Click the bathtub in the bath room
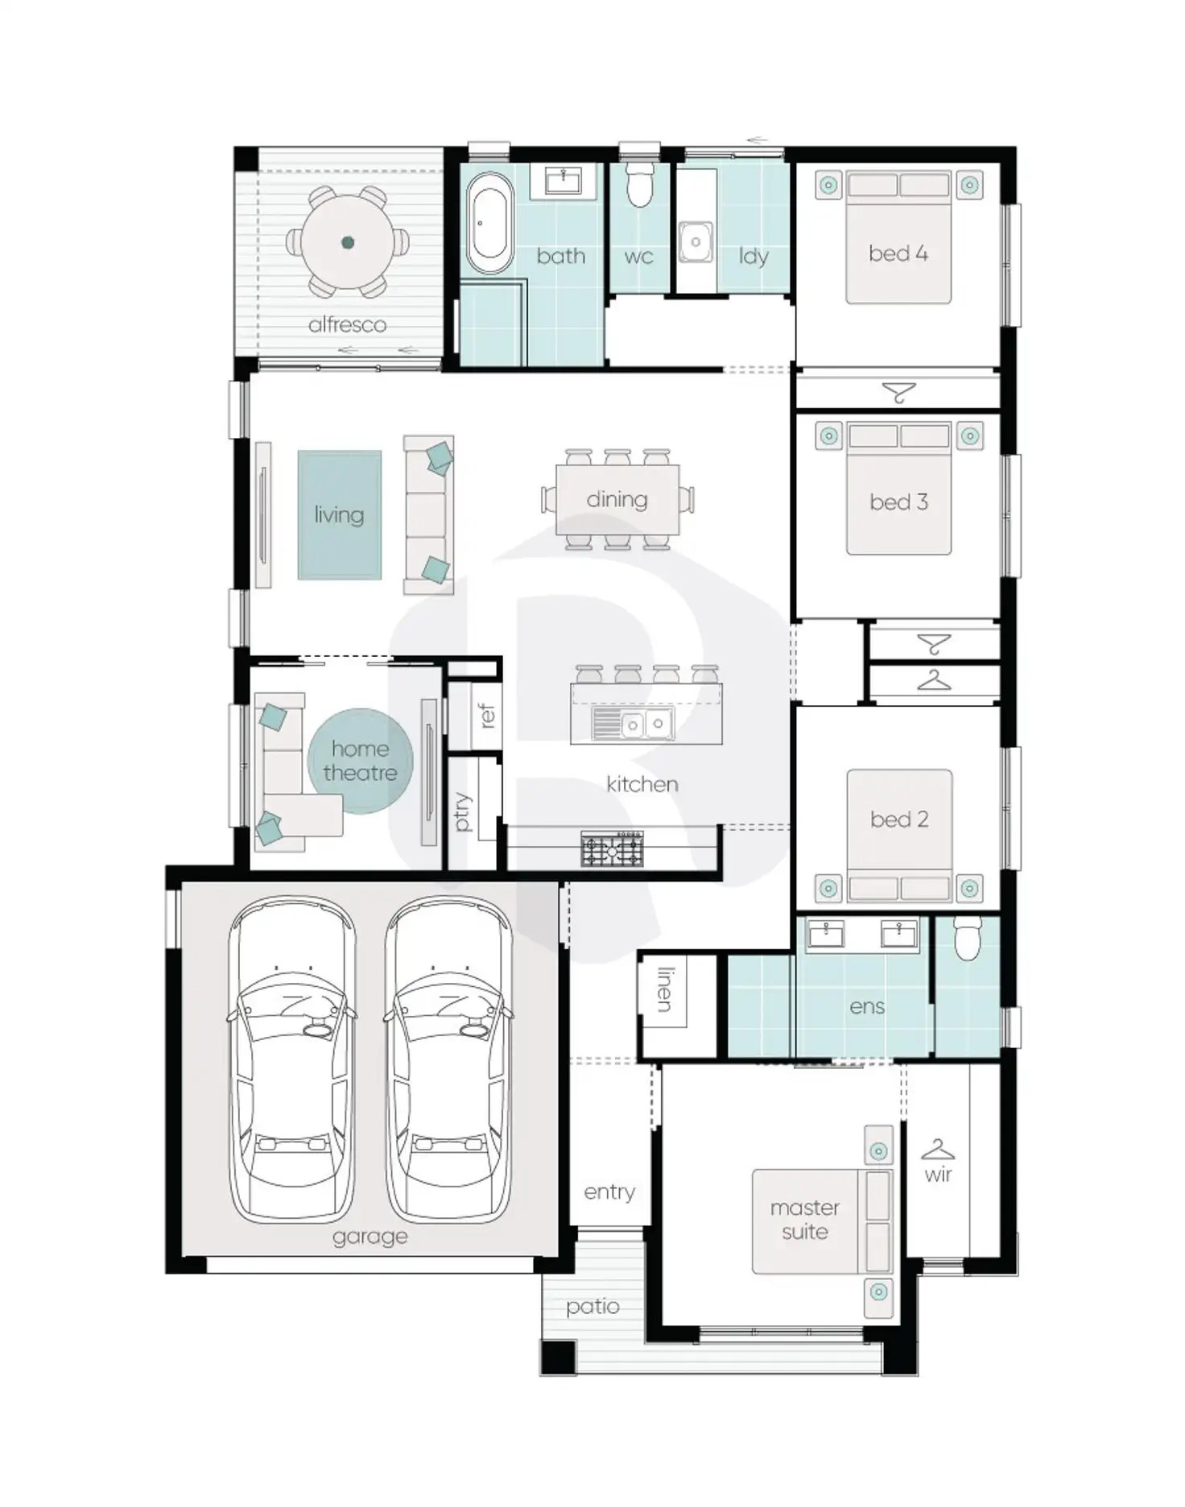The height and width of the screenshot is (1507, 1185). click(489, 223)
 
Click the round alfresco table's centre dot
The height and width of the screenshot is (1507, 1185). click(348, 242)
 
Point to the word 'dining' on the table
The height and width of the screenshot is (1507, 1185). click(617, 500)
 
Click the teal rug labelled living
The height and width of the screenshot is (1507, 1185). click(339, 515)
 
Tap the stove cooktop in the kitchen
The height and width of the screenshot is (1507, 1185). click(612, 849)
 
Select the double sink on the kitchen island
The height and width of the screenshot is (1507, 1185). click(645, 724)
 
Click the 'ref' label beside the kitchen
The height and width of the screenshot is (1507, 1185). click(486, 715)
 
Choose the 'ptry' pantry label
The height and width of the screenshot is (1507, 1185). click(462, 811)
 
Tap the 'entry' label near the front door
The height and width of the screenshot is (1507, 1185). click(609, 1191)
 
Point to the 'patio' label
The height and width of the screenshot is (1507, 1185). click(592, 1307)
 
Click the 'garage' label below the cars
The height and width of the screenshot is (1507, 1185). click(370, 1236)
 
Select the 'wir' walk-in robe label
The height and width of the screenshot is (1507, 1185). click(938, 1175)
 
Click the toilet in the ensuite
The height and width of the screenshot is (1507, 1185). click(967, 939)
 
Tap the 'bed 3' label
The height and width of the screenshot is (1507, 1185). click(898, 502)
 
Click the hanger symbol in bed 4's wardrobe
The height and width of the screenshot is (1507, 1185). click(899, 393)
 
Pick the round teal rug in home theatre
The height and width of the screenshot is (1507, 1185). click(360, 761)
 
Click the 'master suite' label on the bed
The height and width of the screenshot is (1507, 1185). click(804, 1220)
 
